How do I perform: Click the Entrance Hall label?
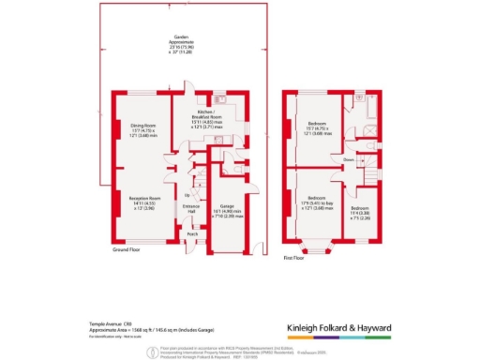tap(191, 210)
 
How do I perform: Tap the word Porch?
tap(192, 234)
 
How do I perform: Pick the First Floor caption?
tap(294, 257)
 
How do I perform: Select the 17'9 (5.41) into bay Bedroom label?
tap(315, 200)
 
